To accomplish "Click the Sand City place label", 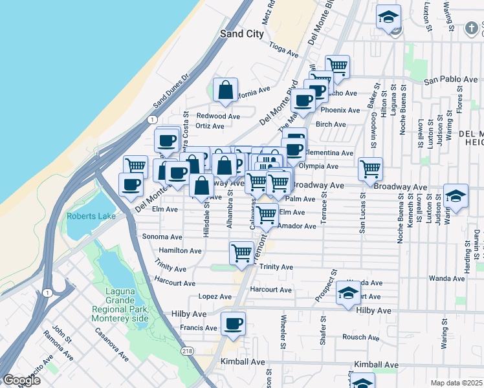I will point(242,34).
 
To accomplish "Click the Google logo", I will point(21,380).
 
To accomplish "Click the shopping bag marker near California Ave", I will point(226,92).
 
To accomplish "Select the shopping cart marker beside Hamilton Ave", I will point(241,253).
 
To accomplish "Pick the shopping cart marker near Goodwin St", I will point(370,169).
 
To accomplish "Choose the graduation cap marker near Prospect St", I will point(349,294).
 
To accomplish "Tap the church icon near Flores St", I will point(474,28).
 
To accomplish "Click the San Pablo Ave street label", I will point(450,80).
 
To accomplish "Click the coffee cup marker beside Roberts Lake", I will point(131,184).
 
